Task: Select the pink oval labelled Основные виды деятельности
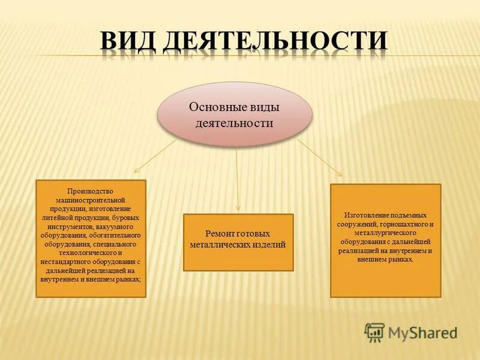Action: pyautogui.click(x=235, y=114)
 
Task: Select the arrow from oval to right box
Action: pyautogui.click(x=319, y=157)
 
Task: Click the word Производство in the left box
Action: pyautogui.click(x=90, y=191)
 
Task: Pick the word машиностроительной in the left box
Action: pyautogui.click(x=90, y=199)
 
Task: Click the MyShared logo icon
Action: pyautogui.click(x=374, y=332)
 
